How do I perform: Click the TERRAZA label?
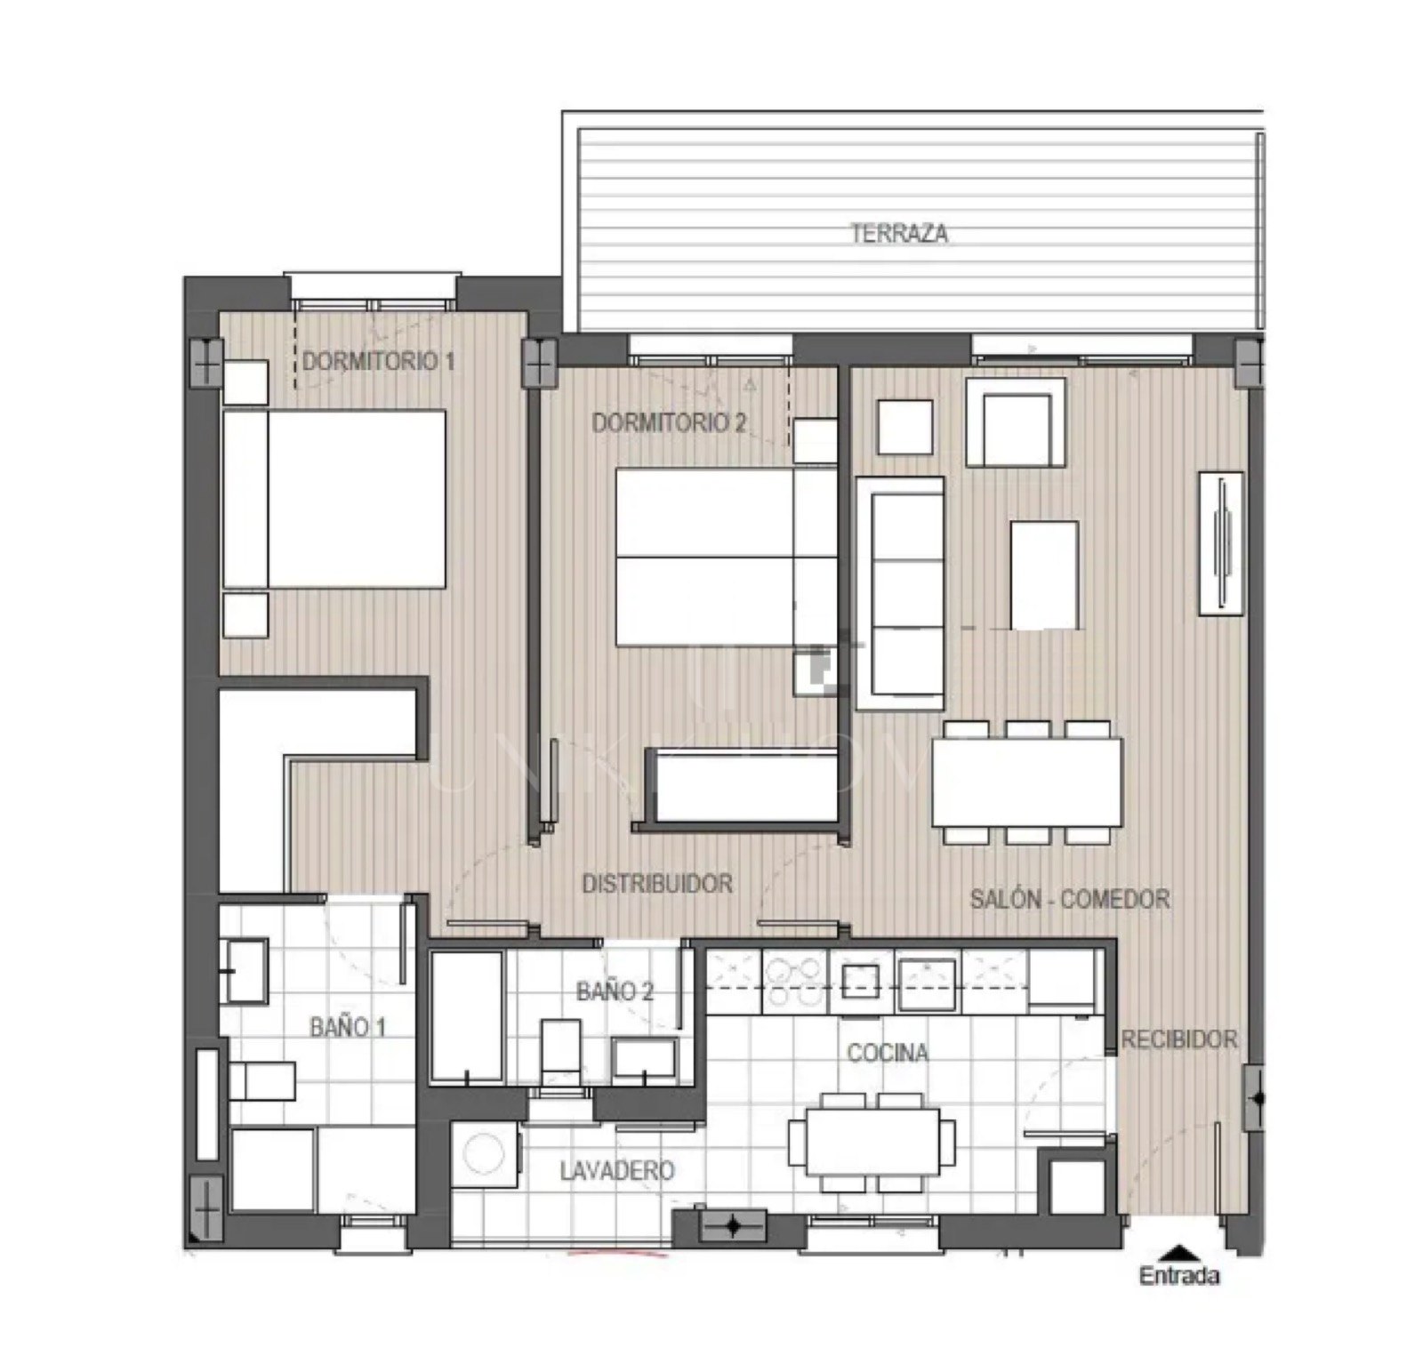point(898,234)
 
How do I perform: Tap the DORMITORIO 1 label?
point(379,361)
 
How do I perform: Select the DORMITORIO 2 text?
point(669,422)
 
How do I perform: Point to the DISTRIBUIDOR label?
point(657,883)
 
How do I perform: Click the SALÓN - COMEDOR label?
point(1069,899)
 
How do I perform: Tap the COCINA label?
point(888,1053)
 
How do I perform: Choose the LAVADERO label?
point(616,1170)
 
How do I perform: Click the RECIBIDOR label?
point(1178,1039)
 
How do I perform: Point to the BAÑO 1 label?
point(348,1027)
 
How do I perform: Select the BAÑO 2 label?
point(615,991)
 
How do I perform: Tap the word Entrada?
point(1179,1276)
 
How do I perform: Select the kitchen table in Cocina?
point(872,1143)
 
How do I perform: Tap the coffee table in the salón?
point(1044,574)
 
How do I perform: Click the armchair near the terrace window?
point(1016,422)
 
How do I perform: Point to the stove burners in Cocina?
point(793,982)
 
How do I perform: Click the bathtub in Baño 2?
point(467,1016)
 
